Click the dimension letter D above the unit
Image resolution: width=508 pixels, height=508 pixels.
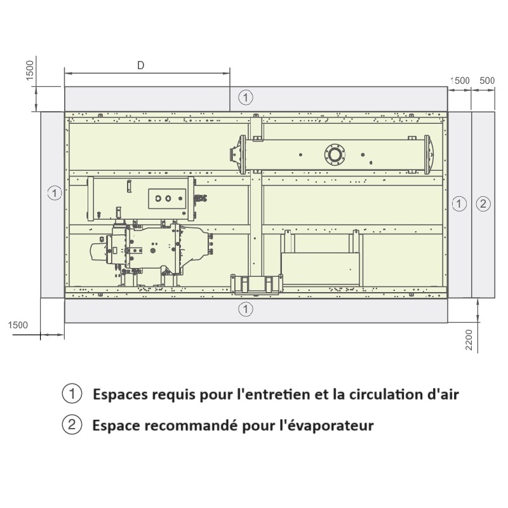point(140,65)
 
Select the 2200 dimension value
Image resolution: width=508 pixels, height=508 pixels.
point(469,340)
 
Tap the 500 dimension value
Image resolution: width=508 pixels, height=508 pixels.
point(487,81)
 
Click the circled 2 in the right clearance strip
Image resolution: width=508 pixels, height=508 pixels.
point(483,204)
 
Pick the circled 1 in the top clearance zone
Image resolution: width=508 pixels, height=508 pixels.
point(246,98)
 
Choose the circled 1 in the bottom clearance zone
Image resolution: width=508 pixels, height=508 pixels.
point(246,309)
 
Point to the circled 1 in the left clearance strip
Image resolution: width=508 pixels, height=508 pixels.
point(55,193)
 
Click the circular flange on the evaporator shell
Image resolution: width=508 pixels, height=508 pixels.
point(335,155)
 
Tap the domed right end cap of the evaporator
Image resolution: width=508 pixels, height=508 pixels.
point(429,155)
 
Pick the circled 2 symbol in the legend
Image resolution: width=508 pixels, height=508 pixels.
point(72,424)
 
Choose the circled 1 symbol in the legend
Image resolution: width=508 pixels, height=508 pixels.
point(72,393)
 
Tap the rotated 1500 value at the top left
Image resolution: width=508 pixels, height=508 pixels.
point(29,70)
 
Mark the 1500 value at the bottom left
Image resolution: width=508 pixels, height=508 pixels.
point(18,325)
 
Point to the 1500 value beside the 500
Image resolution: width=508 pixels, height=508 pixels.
point(460,81)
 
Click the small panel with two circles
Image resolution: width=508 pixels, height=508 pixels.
point(167,198)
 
